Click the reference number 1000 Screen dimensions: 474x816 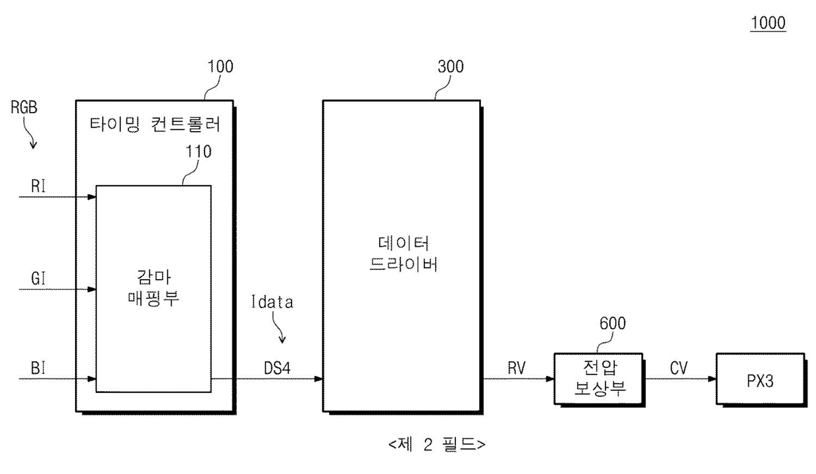[767, 23]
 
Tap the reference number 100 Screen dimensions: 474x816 [220, 66]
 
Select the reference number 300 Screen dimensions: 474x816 [450, 66]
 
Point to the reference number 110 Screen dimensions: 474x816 [198, 151]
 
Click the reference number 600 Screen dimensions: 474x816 [612, 323]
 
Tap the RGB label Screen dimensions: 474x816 [24, 108]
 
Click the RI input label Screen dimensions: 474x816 [38, 186]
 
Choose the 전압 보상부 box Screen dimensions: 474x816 [599, 379]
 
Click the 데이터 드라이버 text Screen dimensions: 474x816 [401, 253]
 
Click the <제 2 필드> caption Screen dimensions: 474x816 [437, 445]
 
